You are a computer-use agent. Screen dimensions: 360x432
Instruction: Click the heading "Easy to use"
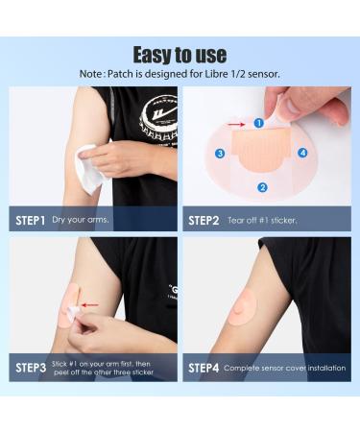click(x=180, y=55)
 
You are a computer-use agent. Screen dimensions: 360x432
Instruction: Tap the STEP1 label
click(x=31, y=220)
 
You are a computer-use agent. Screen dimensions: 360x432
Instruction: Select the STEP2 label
click(x=204, y=221)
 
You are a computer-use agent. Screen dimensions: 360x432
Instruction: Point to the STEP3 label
click(x=31, y=368)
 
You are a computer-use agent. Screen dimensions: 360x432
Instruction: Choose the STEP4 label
click(x=204, y=368)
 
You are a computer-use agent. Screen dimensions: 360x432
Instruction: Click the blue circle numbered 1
click(x=259, y=123)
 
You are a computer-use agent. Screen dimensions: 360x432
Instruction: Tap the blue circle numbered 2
click(x=262, y=187)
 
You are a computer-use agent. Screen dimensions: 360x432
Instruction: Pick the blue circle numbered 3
click(x=220, y=154)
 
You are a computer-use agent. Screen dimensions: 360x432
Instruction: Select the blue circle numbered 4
click(x=302, y=153)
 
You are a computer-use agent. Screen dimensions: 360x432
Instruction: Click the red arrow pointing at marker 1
click(x=237, y=124)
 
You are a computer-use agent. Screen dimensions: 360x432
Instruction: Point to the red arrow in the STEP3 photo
click(x=90, y=305)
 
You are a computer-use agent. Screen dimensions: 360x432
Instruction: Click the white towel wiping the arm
click(x=89, y=168)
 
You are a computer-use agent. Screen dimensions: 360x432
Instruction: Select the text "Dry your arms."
click(x=81, y=220)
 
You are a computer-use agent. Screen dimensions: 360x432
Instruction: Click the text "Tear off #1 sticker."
click(x=262, y=220)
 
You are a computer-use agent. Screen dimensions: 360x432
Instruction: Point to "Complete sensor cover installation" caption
click(x=284, y=368)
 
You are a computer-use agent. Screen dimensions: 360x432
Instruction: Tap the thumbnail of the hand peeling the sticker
click(x=267, y=147)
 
